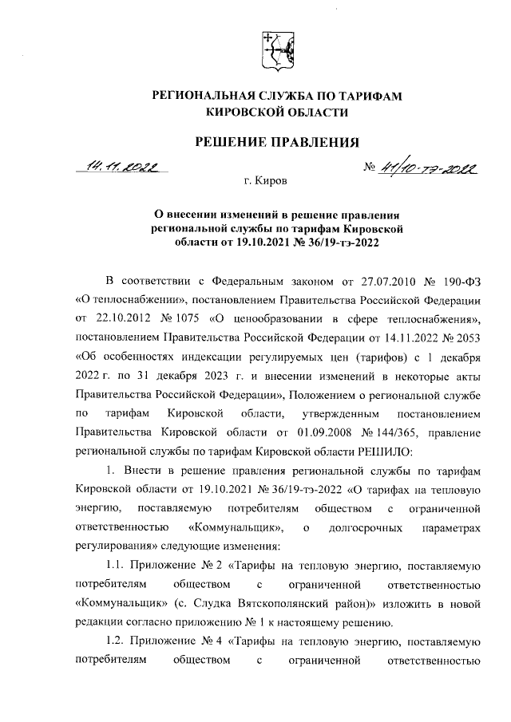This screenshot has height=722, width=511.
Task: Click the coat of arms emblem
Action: pyautogui.click(x=276, y=50)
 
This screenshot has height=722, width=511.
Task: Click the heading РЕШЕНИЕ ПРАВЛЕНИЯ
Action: pyautogui.click(x=275, y=142)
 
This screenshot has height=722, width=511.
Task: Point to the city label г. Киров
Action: pyautogui.click(x=265, y=183)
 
